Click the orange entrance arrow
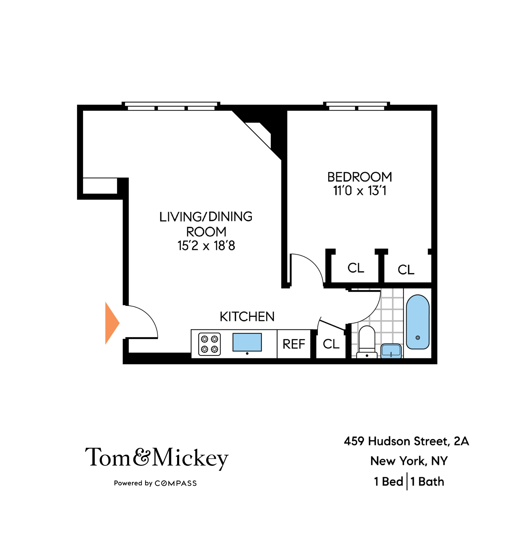[x=111, y=323]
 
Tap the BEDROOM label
[x=360, y=177]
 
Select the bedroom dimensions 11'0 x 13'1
[x=360, y=191]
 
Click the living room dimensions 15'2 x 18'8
[x=206, y=246]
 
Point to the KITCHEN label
[x=247, y=317]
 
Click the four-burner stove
[x=209, y=344]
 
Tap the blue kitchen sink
[x=247, y=342]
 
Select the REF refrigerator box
[x=294, y=344]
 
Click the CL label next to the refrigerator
[x=331, y=344]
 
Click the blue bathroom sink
[x=391, y=351]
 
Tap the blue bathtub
[x=417, y=322]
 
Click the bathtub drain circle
[x=417, y=338]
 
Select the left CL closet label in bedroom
[x=356, y=268]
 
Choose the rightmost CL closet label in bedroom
[x=406, y=270]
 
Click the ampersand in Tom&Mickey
[x=142, y=457]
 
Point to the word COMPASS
[x=176, y=483]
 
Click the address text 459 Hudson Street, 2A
[x=406, y=441]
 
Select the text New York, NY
[x=409, y=461]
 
